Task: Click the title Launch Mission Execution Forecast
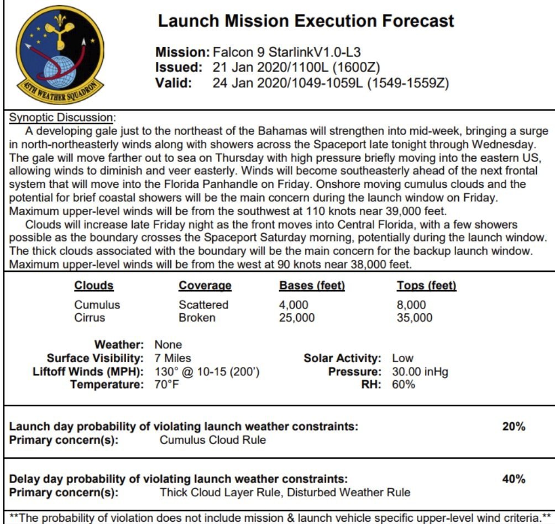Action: tap(306, 21)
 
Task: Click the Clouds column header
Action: tap(94, 286)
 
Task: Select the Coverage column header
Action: tap(205, 286)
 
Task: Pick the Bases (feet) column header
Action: tap(312, 286)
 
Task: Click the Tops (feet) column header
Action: tap(426, 286)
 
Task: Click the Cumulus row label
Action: tap(97, 305)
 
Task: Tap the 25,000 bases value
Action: tap(297, 317)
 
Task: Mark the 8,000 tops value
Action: tap(411, 305)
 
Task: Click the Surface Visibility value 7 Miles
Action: tap(173, 358)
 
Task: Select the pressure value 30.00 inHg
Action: tap(420, 371)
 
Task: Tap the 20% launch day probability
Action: tap(514, 426)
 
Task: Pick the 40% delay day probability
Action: tap(514, 479)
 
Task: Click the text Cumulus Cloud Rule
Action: tap(213, 440)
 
